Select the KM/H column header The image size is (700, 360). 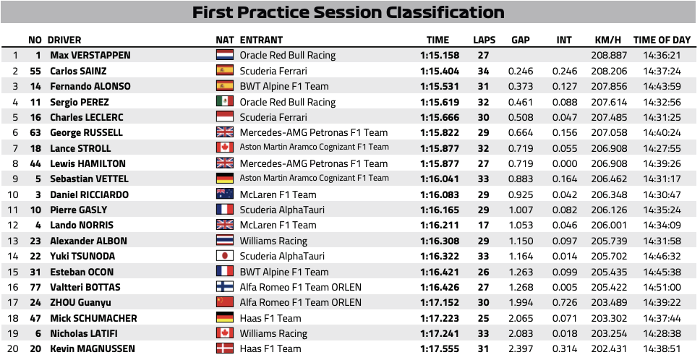click(607, 40)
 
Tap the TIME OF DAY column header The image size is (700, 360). click(662, 40)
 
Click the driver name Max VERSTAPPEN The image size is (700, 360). click(90, 56)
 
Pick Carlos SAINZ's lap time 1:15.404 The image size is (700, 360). click(439, 71)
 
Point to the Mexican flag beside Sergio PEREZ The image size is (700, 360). click(225, 102)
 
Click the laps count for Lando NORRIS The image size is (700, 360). click(484, 226)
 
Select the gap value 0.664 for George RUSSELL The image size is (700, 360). click(521, 132)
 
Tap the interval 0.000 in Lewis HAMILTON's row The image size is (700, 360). click(565, 163)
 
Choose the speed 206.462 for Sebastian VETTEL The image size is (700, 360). click(609, 179)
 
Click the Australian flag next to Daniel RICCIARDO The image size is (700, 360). click(225, 194)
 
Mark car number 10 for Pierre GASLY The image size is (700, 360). click(35, 210)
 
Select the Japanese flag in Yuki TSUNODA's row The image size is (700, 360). click(225, 256)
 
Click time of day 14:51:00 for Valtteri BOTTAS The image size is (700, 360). click(662, 287)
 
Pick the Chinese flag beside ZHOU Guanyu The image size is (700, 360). click(225, 302)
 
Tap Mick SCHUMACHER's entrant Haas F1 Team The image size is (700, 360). click(270, 318)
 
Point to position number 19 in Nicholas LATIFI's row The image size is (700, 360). click(13, 334)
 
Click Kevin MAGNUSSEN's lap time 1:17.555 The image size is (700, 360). click(439, 349)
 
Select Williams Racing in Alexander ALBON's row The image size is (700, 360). click(273, 241)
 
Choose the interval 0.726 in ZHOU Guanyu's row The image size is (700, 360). click(565, 302)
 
